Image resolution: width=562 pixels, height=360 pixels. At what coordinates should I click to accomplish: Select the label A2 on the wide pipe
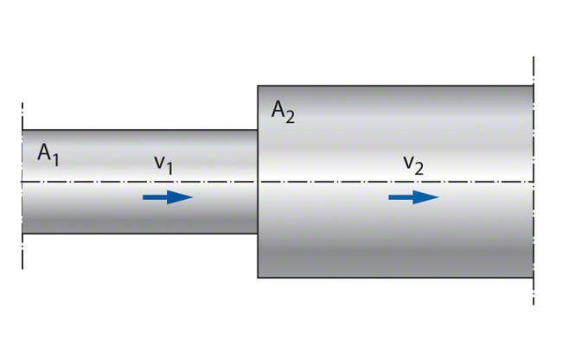pyautogui.click(x=283, y=112)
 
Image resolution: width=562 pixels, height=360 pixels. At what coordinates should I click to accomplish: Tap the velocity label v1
pyautogui.click(x=163, y=163)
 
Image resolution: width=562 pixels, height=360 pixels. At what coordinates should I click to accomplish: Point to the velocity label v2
pyautogui.click(x=412, y=164)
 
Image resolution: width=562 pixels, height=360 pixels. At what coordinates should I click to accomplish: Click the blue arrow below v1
pyautogui.click(x=168, y=197)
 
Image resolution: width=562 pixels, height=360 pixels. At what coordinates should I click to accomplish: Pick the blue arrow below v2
pyautogui.click(x=413, y=197)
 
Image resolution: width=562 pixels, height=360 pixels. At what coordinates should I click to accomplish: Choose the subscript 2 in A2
pyautogui.click(x=291, y=117)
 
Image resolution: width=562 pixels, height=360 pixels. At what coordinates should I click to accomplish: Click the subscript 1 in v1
pyautogui.click(x=169, y=168)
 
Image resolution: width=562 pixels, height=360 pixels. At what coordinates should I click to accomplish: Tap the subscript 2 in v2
pyautogui.click(x=419, y=169)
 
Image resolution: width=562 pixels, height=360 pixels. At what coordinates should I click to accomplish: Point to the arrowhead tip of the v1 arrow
pyautogui.click(x=192, y=197)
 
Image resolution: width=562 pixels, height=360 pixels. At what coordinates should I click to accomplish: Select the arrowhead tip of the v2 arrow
pyautogui.click(x=438, y=197)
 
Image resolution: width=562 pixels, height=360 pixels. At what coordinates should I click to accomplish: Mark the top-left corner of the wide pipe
pyautogui.click(x=259, y=85)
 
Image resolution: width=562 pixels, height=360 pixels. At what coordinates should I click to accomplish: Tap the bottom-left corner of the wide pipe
pyautogui.click(x=259, y=277)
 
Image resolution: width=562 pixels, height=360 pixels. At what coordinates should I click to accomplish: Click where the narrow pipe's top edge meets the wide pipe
pyautogui.click(x=258, y=130)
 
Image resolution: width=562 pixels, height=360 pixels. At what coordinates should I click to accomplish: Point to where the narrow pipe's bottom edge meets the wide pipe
pyautogui.click(x=258, y=234)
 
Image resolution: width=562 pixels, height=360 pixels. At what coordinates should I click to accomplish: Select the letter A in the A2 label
pyautogui.click(x=278, y=110)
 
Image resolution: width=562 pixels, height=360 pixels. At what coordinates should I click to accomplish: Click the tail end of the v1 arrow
pyautogui.click(x=144, y=197)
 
